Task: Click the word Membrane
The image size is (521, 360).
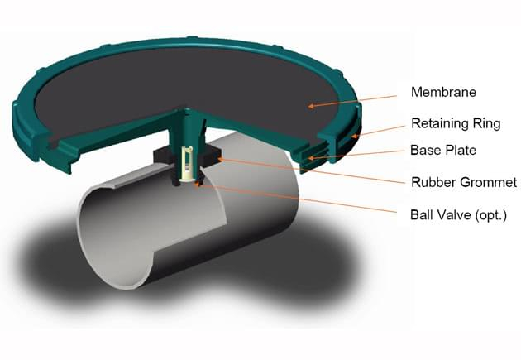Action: (x=443, y=92)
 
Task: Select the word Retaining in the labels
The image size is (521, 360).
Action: (x=437, y=123)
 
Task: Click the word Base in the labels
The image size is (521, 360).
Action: (x=425, y=150)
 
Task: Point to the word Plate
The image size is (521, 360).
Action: (x=461, y=150)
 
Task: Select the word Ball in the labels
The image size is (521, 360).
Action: (x=421, y=214)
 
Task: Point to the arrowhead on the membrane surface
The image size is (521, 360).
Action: (x=311, y=106)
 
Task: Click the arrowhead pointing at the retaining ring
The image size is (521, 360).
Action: (x=354, y=136)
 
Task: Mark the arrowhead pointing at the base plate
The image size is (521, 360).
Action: (x=310, y=158)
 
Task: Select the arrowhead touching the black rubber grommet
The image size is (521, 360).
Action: (x=220, y=159)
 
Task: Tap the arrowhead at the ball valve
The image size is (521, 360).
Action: (x=199, y=184)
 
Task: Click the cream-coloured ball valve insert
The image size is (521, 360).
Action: (x=186, y=165)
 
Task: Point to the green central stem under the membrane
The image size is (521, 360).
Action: (x=186, y=130)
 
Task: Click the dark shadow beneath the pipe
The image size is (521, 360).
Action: (x=186, y=266)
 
